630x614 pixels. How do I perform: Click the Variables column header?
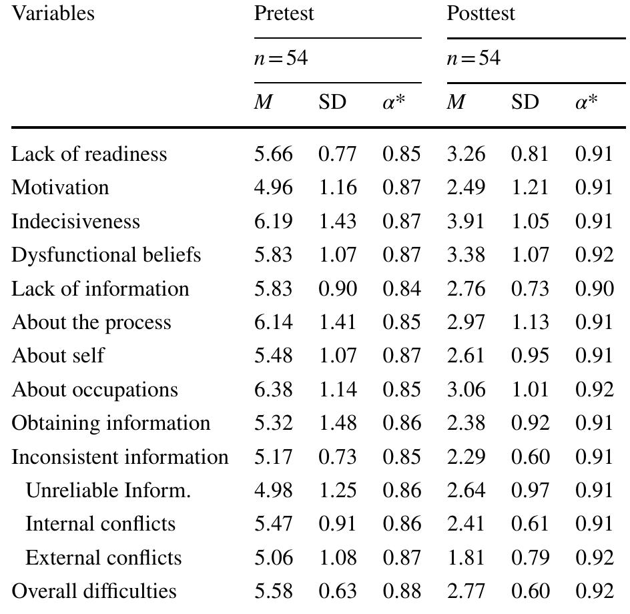(53, 13)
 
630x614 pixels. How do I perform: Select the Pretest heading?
(284, 13)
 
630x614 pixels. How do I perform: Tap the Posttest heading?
(481, 13)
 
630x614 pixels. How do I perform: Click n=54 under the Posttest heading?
(473, 59)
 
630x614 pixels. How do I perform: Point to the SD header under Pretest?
(332, 103)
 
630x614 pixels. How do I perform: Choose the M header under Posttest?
(456, 103)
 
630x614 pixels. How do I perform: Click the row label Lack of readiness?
(89, 154)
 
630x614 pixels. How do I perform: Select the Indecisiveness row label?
(75, 222)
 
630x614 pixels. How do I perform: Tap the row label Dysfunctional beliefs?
(106, 255)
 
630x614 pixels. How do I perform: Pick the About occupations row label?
(95, 390)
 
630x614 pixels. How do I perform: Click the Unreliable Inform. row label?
(108, 491)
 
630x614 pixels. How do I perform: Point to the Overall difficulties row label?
(94, 591)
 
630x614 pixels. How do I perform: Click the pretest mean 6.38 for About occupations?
(273, 390)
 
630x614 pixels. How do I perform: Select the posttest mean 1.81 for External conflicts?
(465, 558)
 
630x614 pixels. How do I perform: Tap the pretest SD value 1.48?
(337, 423)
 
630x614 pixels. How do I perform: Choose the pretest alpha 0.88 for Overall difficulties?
(401, 591)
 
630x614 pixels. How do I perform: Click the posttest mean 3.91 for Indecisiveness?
(465, 222)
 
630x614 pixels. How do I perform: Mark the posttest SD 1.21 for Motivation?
(530, 188)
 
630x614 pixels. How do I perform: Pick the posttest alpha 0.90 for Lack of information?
(594, 289)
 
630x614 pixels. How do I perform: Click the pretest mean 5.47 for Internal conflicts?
(273, 524)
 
